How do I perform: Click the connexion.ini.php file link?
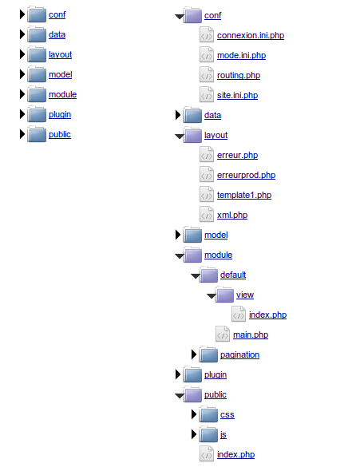(x=251, y=35)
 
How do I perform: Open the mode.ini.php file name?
(x=241, y=56)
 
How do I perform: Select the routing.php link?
(x=239, y=75)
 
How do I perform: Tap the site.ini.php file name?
(x=237, y=95)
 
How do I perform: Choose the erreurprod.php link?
(x=246, y=175)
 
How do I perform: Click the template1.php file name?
(x=244, y=196)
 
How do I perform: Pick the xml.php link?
(x=232, y=215)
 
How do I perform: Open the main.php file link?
(x=251, y=335)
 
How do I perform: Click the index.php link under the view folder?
(x=267, y=315)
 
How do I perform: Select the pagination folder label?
(x=239, y=354)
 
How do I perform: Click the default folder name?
(x=233, y=275)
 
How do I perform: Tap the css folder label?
(x=227, y=415)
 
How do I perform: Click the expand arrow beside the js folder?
(x=194, y=434)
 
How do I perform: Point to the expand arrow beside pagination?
(x=194, y=354)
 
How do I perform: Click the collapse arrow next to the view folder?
(x=212, y=296)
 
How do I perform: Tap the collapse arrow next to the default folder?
(x=196, y=276)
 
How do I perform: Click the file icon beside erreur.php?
(x=207, y=154)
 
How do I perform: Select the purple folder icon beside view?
(x=224, y=295)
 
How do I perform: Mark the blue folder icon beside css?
(x=208, y=414)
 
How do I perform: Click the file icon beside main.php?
(x=223, y=334)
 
